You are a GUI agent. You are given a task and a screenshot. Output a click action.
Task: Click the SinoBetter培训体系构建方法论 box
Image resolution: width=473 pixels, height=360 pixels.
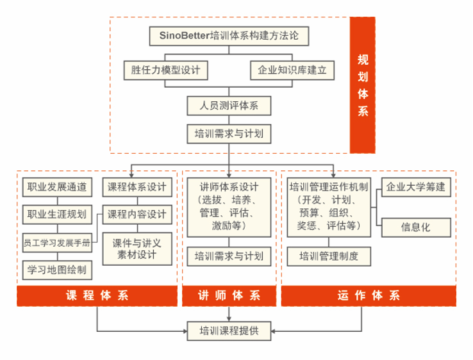tap(229, 36)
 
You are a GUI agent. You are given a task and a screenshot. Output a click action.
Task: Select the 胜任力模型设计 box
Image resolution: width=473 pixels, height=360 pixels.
tap(165, 70)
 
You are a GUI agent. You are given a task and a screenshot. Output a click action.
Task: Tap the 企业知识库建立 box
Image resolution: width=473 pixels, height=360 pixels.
tap(292, 70)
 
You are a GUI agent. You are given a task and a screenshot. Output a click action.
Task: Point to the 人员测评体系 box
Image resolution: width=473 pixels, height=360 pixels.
tap(229, 106)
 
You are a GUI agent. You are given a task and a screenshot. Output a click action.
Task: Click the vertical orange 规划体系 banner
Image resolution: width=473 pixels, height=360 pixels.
tap(363, 85)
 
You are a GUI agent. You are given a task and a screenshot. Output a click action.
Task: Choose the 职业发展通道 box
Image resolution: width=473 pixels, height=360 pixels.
tap(57, 187)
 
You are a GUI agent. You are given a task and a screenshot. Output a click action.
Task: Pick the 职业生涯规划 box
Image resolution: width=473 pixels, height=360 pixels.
tap(57, 215)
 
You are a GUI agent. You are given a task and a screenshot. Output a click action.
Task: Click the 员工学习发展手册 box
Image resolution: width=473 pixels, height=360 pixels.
tap(57, 243)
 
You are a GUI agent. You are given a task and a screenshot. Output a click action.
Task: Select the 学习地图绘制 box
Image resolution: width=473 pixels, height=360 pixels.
tap(57, 270)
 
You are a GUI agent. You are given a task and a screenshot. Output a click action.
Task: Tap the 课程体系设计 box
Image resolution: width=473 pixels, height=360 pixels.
tap(137, 187)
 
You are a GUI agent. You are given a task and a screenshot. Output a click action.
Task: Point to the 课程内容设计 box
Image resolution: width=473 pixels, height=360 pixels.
tap(137, 215)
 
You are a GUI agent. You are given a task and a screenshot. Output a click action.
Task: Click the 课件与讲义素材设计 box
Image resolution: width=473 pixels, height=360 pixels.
tap(137, 249)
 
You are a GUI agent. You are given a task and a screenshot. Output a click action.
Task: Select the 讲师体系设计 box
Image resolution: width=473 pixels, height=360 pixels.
tap(229, 207)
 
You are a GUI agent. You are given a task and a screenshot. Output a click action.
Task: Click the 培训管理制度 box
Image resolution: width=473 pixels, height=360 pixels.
tap(329, 257)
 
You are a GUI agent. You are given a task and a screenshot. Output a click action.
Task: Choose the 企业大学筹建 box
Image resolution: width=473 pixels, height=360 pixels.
tap(416, 187)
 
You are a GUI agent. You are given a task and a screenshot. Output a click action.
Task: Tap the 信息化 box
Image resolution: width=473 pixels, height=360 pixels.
tap(416, 227)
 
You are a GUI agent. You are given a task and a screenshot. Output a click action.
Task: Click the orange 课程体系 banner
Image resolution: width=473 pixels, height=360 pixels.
tap(97, 296)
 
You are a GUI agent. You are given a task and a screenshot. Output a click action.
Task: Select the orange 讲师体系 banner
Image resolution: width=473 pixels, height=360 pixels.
tap(229, 296)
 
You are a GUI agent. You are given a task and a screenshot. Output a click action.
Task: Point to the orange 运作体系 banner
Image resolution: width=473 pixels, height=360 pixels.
tap(369, 296)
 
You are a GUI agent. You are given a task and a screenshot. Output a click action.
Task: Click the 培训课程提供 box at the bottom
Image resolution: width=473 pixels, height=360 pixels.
tap(229, 331)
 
